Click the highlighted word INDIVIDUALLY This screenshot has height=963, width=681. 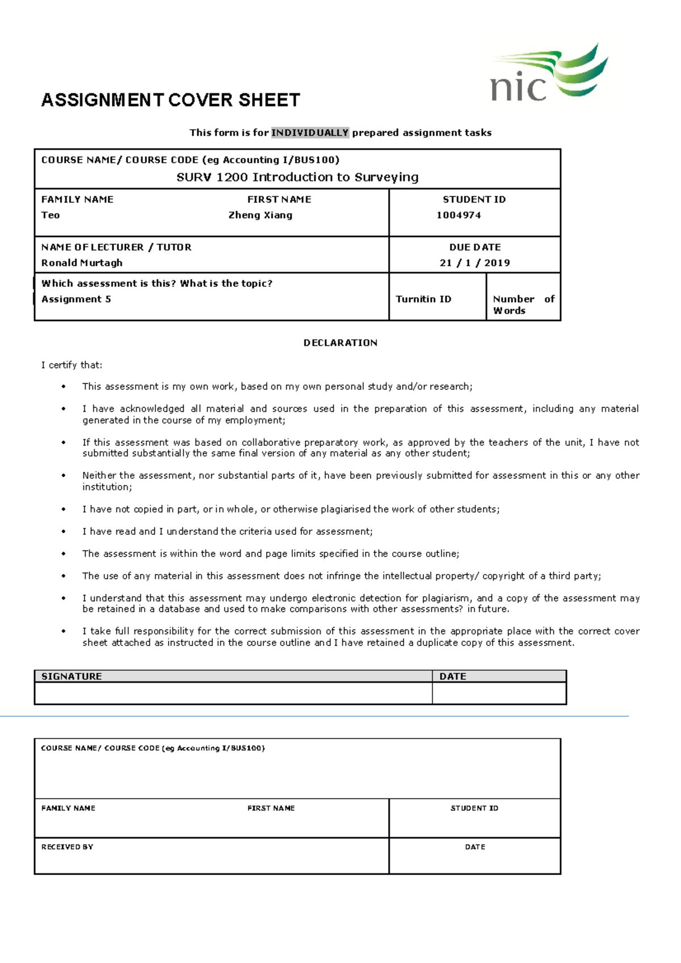tap(310, 133)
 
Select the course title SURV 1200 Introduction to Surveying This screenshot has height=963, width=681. tap(297, 177)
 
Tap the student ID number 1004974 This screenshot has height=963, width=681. tap(459, 215)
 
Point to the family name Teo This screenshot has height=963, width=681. tap(51, 215)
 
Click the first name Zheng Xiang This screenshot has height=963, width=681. tap(260, 215)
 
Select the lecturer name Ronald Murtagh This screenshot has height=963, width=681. tap(82, 263)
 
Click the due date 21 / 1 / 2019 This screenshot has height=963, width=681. tap(474, 263)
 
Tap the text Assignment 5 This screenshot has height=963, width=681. tap(76, 299)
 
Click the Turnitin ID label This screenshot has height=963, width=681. tap(423, 299)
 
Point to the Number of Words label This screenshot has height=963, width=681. tap(523, 305)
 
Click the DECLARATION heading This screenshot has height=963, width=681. tap(340, 343)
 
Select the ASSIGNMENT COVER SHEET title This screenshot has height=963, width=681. tap(170, 100)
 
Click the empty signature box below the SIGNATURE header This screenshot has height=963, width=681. tap(233, 693)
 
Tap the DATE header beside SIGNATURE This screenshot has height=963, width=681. tap(453, 676)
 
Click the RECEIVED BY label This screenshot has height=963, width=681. tap(67, 847)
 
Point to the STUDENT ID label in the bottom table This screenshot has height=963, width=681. tap(474, 808)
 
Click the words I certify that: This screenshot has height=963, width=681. tap(72, 365)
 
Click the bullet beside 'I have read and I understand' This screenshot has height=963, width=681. tap(64, 531)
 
